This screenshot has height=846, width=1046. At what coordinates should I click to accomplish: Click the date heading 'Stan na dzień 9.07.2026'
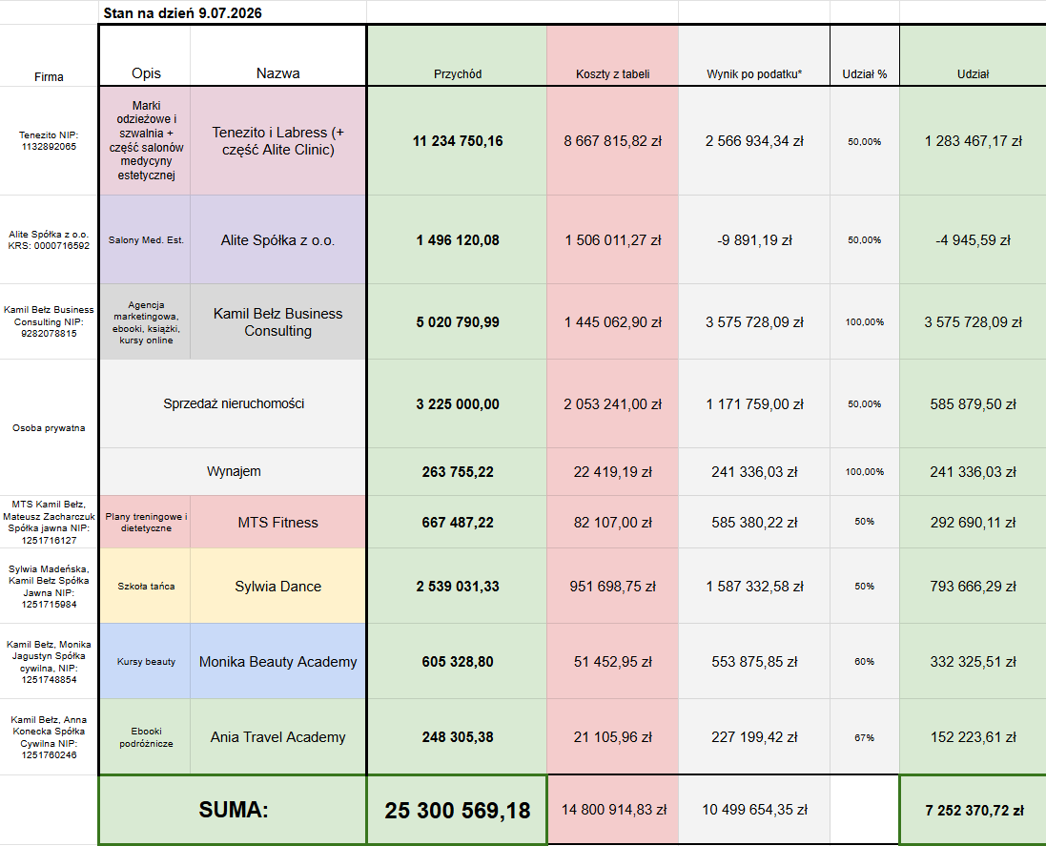(182, 12)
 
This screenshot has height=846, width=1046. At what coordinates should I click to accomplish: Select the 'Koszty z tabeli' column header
(612, 74)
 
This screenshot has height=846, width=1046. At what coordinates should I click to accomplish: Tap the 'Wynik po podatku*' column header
(754, 74)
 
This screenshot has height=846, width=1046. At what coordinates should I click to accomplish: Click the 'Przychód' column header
(458, 74)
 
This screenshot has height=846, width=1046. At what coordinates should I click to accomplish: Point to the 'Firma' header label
(49, 76)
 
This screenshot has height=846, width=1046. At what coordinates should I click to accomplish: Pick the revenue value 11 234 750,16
(458, 141)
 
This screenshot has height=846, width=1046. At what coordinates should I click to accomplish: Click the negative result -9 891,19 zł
(754, 240)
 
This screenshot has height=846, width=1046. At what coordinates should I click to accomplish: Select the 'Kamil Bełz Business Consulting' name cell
(278, 322)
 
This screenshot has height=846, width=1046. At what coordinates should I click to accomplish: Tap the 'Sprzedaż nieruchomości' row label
(234, 403)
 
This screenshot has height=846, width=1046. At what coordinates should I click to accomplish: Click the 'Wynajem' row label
(234, 471)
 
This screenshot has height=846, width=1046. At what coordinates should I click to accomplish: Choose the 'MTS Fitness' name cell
(278, 523)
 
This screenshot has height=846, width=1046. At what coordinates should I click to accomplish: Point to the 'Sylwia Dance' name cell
(278, 587)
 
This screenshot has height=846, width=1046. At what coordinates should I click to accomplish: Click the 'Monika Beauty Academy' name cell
(278, 662)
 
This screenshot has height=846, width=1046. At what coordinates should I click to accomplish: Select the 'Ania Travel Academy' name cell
(278, 737)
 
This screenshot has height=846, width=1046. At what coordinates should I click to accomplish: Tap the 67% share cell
(865, 738)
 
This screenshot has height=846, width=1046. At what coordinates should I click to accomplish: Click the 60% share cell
(865, 662)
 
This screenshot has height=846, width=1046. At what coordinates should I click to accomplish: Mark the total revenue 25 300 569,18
(458, 811)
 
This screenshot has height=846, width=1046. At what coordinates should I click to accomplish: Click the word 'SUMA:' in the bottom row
(234, 810)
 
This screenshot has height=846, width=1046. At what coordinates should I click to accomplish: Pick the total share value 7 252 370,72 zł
(974, 811)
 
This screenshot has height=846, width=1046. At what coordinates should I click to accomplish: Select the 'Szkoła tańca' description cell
(146, 587)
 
